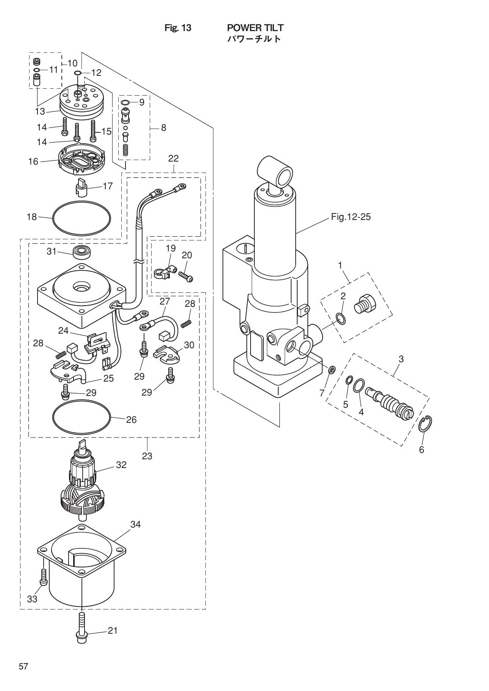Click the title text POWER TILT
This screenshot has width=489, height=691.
255,28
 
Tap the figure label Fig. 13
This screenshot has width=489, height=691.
178,28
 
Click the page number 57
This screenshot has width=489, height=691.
24,666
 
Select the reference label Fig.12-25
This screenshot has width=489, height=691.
351,217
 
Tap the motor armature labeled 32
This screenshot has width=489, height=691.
82,484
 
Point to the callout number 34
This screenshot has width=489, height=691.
135,524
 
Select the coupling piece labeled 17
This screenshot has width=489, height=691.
82,187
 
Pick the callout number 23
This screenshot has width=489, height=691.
147,456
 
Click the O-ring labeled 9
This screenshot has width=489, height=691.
125,102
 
